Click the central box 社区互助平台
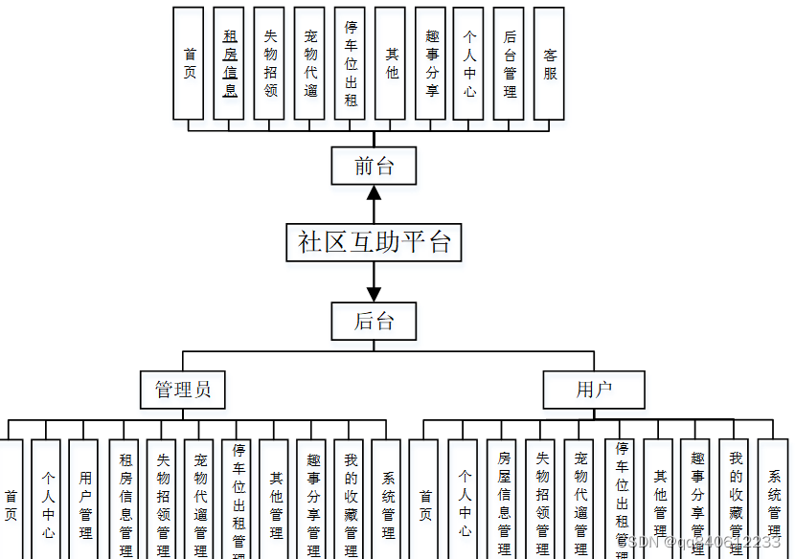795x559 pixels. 374,242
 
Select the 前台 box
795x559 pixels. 374,166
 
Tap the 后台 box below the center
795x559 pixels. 374,321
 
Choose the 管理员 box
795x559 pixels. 182,390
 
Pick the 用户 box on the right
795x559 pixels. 593,390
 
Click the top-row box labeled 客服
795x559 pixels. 549,63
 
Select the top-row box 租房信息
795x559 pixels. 229,63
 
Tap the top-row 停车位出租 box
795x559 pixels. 351,63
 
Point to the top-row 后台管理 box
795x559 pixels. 509,63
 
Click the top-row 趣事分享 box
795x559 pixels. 430,63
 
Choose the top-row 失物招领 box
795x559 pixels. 269,63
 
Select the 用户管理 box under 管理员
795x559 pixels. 84,498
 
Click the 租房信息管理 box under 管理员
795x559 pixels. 125,498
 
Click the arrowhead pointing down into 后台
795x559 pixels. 374,294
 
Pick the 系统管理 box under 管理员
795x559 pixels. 386,498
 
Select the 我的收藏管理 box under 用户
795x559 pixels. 735,498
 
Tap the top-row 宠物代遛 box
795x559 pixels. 309,63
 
